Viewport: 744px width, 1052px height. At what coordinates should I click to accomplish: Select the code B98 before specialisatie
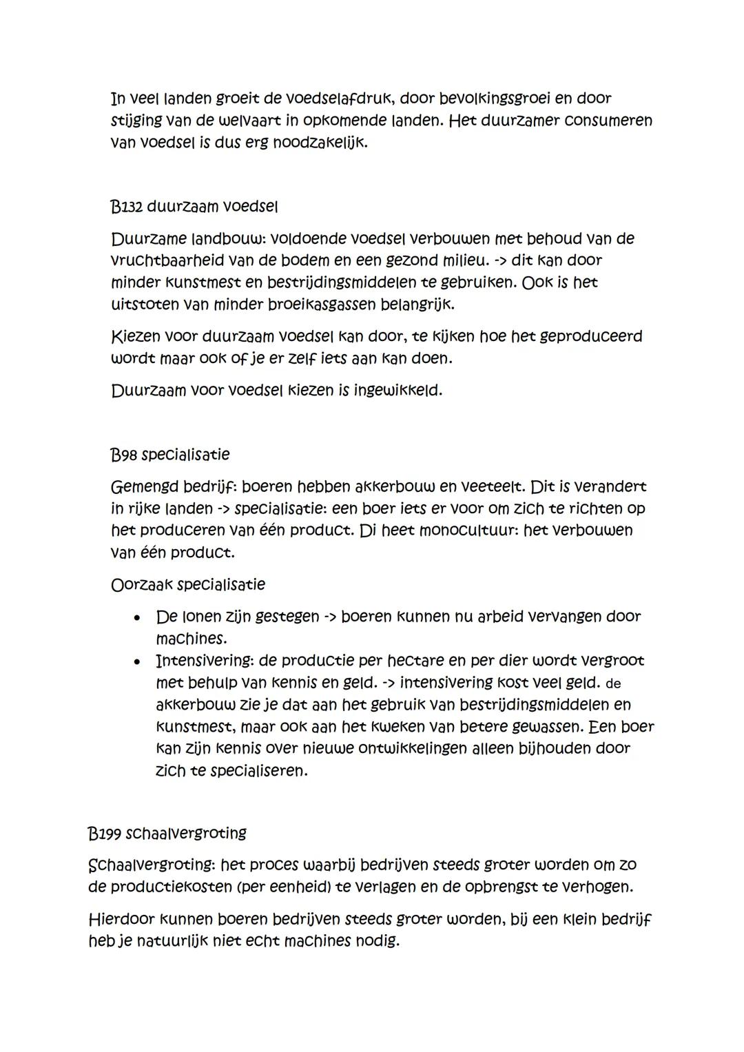[123, 455]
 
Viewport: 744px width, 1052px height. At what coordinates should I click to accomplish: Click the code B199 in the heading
[105, 834]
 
